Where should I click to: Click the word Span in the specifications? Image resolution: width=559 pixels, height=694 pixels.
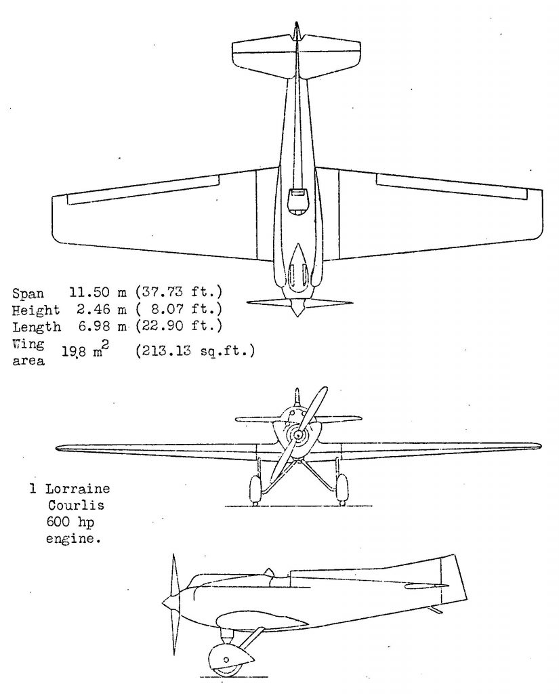(x=28, y=293)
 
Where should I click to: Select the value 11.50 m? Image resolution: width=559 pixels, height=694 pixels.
(x=98, y=292)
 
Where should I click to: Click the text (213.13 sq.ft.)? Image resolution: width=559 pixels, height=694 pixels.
(x=195, y=351)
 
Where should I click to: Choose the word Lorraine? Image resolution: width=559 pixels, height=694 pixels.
(x=77, y=489)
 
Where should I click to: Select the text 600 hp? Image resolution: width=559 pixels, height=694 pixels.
(x=70, y=523)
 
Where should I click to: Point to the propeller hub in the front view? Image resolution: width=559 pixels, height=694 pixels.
(x=298, y=436)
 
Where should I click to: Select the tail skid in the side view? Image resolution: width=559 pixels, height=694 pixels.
(x=435, y=610)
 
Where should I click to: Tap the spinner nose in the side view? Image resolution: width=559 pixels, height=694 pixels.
(x=167, y=603)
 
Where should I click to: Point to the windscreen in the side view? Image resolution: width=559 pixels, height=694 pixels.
(x=268, y=573)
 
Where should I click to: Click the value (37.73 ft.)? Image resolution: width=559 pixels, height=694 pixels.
(x=179, y=292)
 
